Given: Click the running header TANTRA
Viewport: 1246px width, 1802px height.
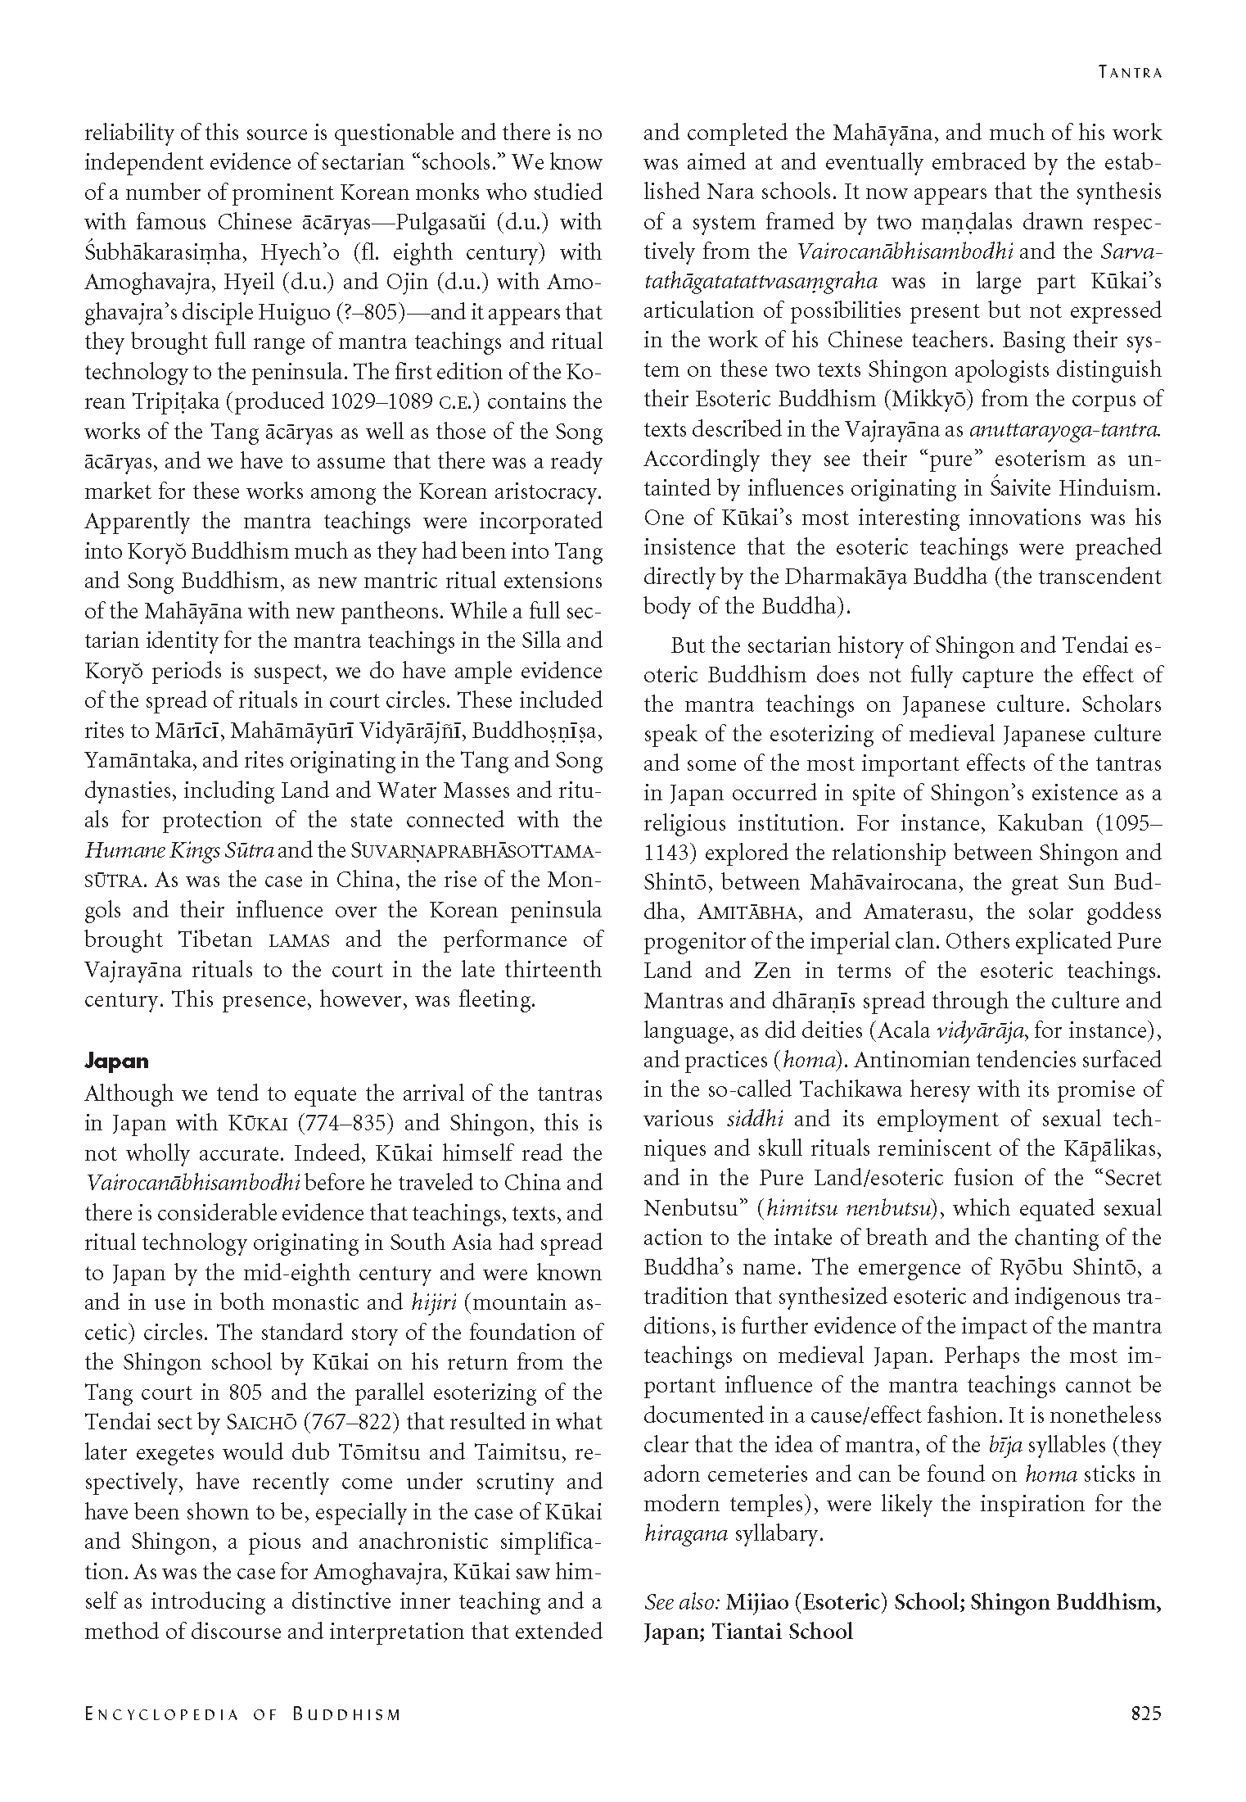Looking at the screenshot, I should pyautogui.click(x=1130, y=72).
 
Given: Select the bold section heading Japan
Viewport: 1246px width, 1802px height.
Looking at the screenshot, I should pyautogui.click(x=117, y=1061).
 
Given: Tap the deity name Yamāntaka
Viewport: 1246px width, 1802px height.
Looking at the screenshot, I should pyautogui.click(x=138, y=760).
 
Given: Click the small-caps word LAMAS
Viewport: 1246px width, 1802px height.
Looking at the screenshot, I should pyautogui.click(x=299, y=939).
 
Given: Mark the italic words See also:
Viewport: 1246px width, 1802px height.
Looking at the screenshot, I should pyautogui.click(x=681, y=1601).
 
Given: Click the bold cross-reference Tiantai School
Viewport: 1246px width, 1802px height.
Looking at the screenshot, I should pyautogui.click(x=782, y=1632).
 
